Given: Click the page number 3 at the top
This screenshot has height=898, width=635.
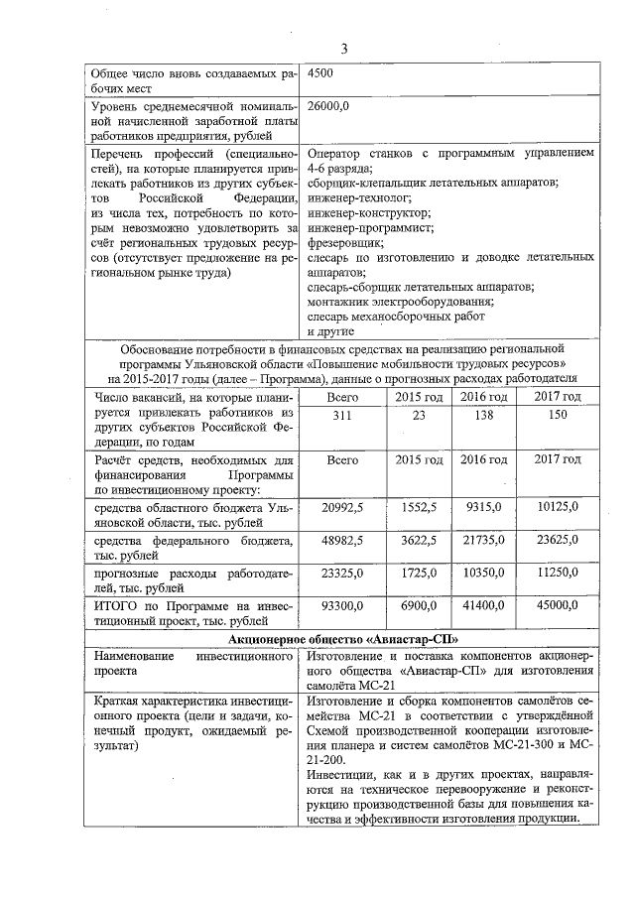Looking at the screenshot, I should (343, 49).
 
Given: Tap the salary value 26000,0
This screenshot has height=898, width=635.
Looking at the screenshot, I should (327, 103).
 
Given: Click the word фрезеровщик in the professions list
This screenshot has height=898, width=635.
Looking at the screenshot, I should (345, 241).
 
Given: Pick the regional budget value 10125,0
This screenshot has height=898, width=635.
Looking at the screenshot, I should (556, 507).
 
